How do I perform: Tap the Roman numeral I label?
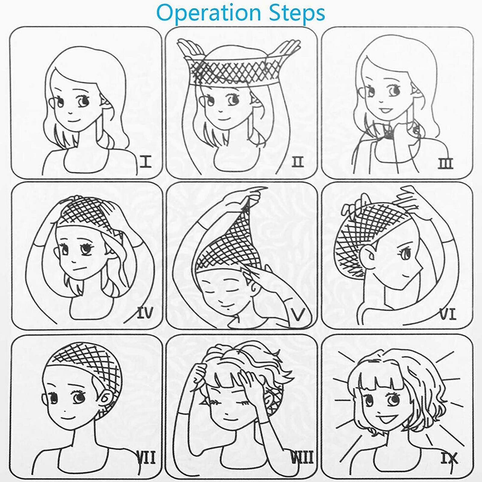click(x=146, y=162)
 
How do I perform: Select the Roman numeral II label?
click(x=297, y=162)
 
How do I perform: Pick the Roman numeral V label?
click(x=299, y=314)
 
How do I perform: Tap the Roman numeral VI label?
click(x=448, y=314)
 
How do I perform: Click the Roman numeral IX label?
click(x=449, y=458)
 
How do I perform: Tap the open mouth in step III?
click(x=384, y=110)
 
